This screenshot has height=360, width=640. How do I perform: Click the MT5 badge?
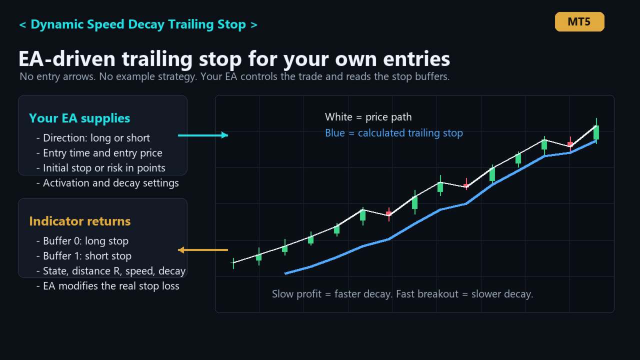[x=579, y=21]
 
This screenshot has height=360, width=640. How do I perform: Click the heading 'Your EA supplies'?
[x=79, y=118]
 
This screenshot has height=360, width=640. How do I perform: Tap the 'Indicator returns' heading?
[x=79, y=221]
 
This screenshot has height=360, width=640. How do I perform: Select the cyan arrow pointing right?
[x=203, y=135]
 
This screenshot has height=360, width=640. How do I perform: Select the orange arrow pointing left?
[x=203, y=250]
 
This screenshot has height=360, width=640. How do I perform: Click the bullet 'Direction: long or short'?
[x=96, y=138]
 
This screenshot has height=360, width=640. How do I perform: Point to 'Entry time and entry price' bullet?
[x=102, y=153]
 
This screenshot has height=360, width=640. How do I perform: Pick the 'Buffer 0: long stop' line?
[x=85, y=241]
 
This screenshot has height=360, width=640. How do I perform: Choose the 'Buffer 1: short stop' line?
[x=87, y=256]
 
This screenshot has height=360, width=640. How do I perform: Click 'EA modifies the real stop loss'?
[x=111, y=286]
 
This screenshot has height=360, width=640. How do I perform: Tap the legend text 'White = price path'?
[x=368, y=117]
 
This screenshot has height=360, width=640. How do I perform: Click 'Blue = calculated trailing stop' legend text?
[x=394, y=133]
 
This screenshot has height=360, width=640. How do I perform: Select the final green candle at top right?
[x=596, y=132]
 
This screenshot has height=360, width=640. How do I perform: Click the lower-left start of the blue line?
[x=285, y=273]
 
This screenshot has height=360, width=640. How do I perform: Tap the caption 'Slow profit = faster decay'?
[x=331, y=294]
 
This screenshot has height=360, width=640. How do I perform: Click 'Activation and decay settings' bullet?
[x=111, y=183]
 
